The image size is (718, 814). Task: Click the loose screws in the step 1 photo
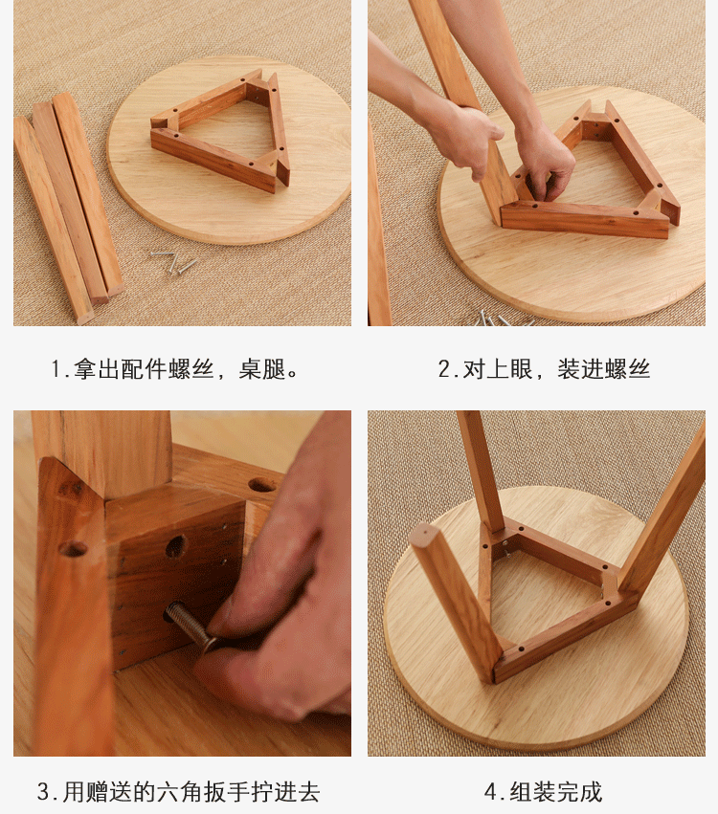(x=174, y=262)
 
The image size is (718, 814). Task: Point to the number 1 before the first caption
(x=56, y=369)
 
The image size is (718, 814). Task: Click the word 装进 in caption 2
(x=580, y=369)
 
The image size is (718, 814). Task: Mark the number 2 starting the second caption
(x=444, y=369)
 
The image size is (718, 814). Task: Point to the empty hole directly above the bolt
(x=175, y=546)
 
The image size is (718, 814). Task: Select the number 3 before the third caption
(x=43, y=792)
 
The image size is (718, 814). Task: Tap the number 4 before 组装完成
(x=491, y=792)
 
